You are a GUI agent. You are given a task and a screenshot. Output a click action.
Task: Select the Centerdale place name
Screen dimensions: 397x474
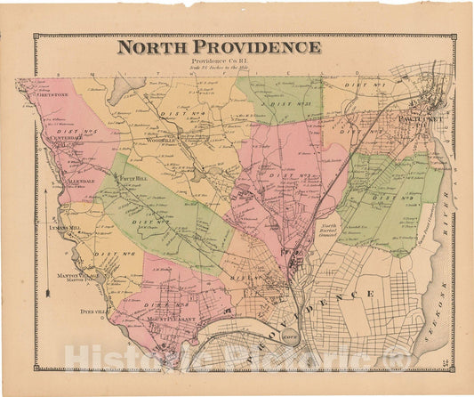tap(65, 138)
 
